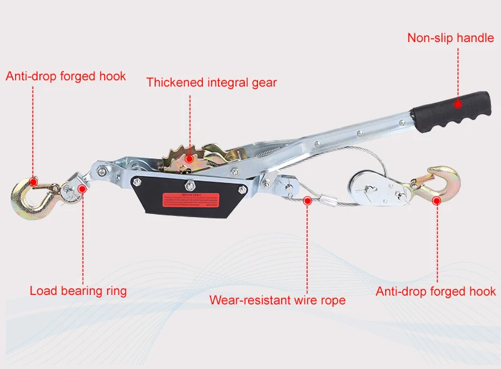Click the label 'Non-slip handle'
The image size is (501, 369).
450,38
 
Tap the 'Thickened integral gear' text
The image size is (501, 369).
212,82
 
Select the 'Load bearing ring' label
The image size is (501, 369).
78,291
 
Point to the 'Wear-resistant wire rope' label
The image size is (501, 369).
277,300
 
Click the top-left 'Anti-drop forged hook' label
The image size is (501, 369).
66,77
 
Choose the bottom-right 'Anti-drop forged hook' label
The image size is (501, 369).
435,291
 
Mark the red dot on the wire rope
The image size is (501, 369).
307,201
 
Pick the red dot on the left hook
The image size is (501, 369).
34,182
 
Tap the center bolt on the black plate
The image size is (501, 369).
189,185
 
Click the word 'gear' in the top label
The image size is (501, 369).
263,82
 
